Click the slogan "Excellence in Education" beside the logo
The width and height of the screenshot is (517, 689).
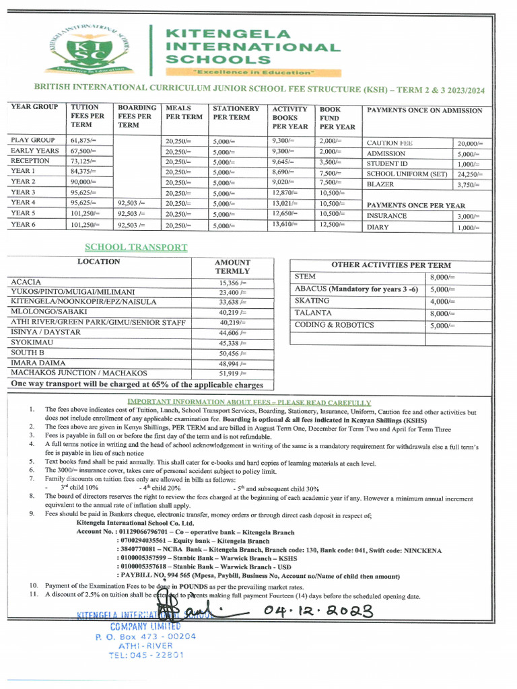tap(253, 72)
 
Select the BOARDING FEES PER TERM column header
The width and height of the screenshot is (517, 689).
tap(137, 116)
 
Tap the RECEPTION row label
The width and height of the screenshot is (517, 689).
tap(30, 161)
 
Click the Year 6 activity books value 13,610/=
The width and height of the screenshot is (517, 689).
tap(285, 224)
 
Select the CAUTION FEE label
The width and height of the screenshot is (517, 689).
tap(390, 143)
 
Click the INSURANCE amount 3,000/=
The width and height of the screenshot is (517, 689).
tap(467, 217)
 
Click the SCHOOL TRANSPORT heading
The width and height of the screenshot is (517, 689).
tap(136, 248)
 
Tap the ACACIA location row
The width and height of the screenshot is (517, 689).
tap(26, 282)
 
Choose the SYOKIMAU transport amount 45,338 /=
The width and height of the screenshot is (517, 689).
tap(232, 343)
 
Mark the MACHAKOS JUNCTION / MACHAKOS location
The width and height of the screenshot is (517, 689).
tap(79, 373)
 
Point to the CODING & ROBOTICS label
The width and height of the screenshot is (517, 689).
tap(335, 326)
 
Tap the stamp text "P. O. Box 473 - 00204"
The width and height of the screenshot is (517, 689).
tap(145, 636)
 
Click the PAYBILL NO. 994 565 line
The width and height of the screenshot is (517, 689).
tap(258, 576)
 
